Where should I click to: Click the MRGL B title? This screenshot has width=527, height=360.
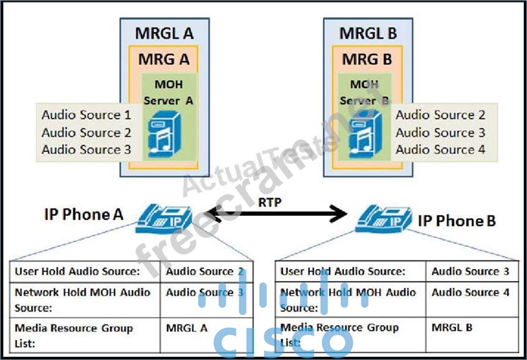368,33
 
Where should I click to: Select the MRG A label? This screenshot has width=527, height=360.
164,59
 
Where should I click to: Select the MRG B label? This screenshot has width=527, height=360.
367,59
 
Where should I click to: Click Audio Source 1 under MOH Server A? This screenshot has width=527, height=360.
86,115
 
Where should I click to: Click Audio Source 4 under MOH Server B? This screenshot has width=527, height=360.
440,150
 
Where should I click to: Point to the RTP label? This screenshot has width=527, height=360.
269,202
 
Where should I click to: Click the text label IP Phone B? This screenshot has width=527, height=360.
457,221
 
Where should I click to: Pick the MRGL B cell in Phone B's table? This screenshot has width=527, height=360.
452,328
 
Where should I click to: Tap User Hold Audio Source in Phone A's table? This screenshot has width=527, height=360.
77,271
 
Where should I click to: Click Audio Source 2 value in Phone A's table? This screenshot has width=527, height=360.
204,271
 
